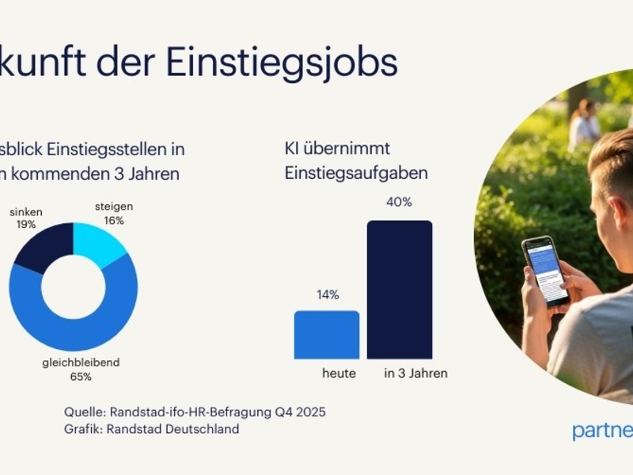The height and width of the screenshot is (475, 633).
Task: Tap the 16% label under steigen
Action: pos(114,221)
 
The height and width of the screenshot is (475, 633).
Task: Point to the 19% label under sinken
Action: pos(26,225)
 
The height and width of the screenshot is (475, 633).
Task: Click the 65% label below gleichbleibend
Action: pos(81,377)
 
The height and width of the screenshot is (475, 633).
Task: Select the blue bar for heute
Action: pos(326,334)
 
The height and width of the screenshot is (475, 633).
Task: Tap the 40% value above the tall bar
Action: pos(400,202)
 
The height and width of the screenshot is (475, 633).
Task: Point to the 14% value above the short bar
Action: pos(328,294)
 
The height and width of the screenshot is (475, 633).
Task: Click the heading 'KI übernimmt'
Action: pos(338,148)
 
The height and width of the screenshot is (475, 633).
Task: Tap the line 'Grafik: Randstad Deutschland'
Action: pos(151,429)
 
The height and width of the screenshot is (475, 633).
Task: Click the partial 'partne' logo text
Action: pos(601,431)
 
